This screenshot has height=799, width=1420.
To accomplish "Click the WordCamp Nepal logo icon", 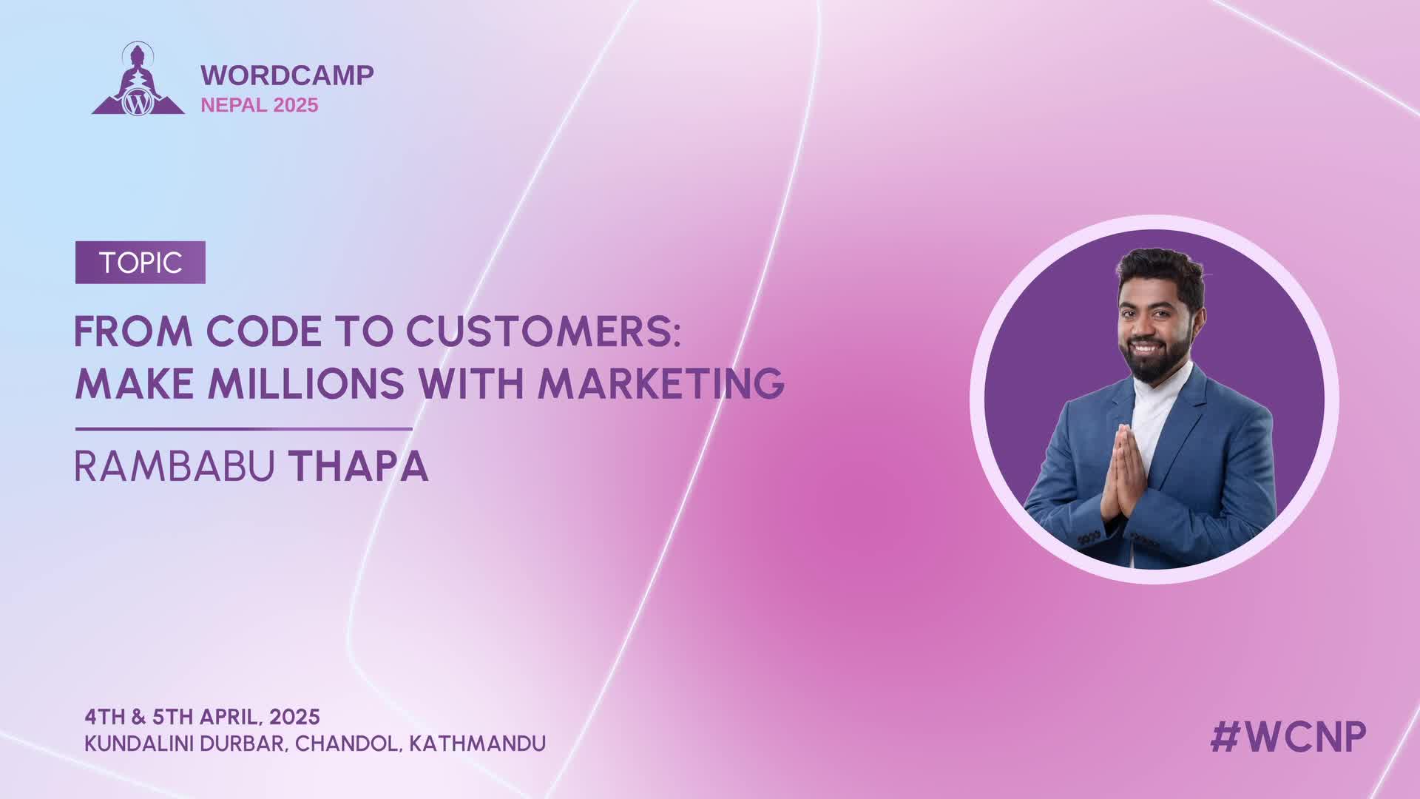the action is pos(138,80).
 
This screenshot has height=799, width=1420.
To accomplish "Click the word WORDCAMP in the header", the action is pos(287,75).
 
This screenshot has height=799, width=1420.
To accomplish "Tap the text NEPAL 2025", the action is pos(260,105).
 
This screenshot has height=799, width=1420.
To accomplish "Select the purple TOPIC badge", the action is pos(141,263).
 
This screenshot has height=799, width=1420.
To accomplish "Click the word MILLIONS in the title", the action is pos(306,383).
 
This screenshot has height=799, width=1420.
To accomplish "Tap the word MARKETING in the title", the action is pos(660,383).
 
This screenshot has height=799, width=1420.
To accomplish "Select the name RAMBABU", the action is pos(175,466).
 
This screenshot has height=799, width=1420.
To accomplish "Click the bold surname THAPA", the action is pos(358,466).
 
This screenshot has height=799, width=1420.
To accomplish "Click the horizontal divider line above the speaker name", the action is pos(244,429).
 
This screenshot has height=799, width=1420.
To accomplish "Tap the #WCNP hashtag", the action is pos(1288,737).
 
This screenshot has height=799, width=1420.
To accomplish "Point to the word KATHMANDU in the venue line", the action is pos(478,744).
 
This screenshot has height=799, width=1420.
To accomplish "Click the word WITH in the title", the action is pos(471,383).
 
